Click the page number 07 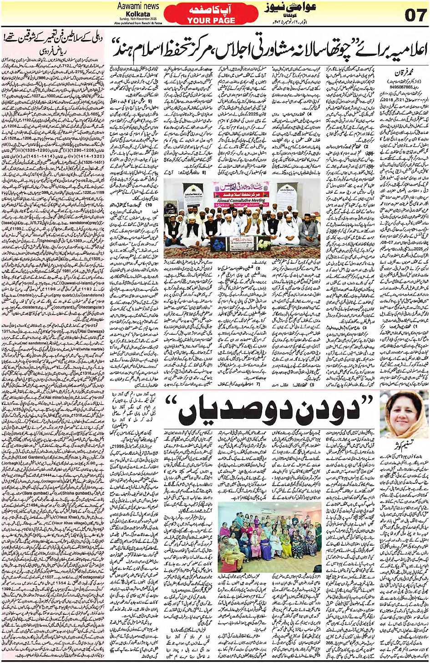(415, 15)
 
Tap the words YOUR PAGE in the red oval (211, 20)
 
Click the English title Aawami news (138, 6)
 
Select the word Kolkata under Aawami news (139, 14)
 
